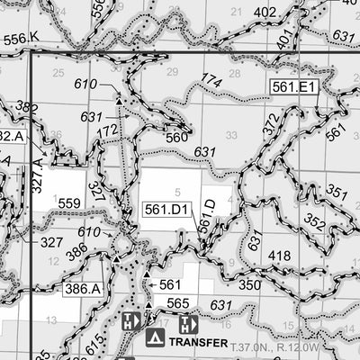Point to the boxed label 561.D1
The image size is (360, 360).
pyautogui.click(x=166, y=210)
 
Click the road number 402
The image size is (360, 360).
pyautogui.click(x=265, y=12)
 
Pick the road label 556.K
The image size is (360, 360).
pyautogui.click(x=22, y=38)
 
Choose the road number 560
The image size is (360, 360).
pyautogui.click(x=176, y=139)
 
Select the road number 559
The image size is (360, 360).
pyautogui.click(x=69, y=203)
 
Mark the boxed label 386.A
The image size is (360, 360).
pyautogui.click(x=83, y=289)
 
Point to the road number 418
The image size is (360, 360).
pyautogui.click(x=280, y=256)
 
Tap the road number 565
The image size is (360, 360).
pyautogui.click(x=177, y=303)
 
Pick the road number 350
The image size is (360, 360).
pyautogui.click(x=249, y=284)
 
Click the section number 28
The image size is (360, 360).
pyautogui.click(x=235, y=74)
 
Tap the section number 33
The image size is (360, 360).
pyautogui.click(x=231, y=135)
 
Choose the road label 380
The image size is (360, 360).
pyautogui.click(x=26, y=107)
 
